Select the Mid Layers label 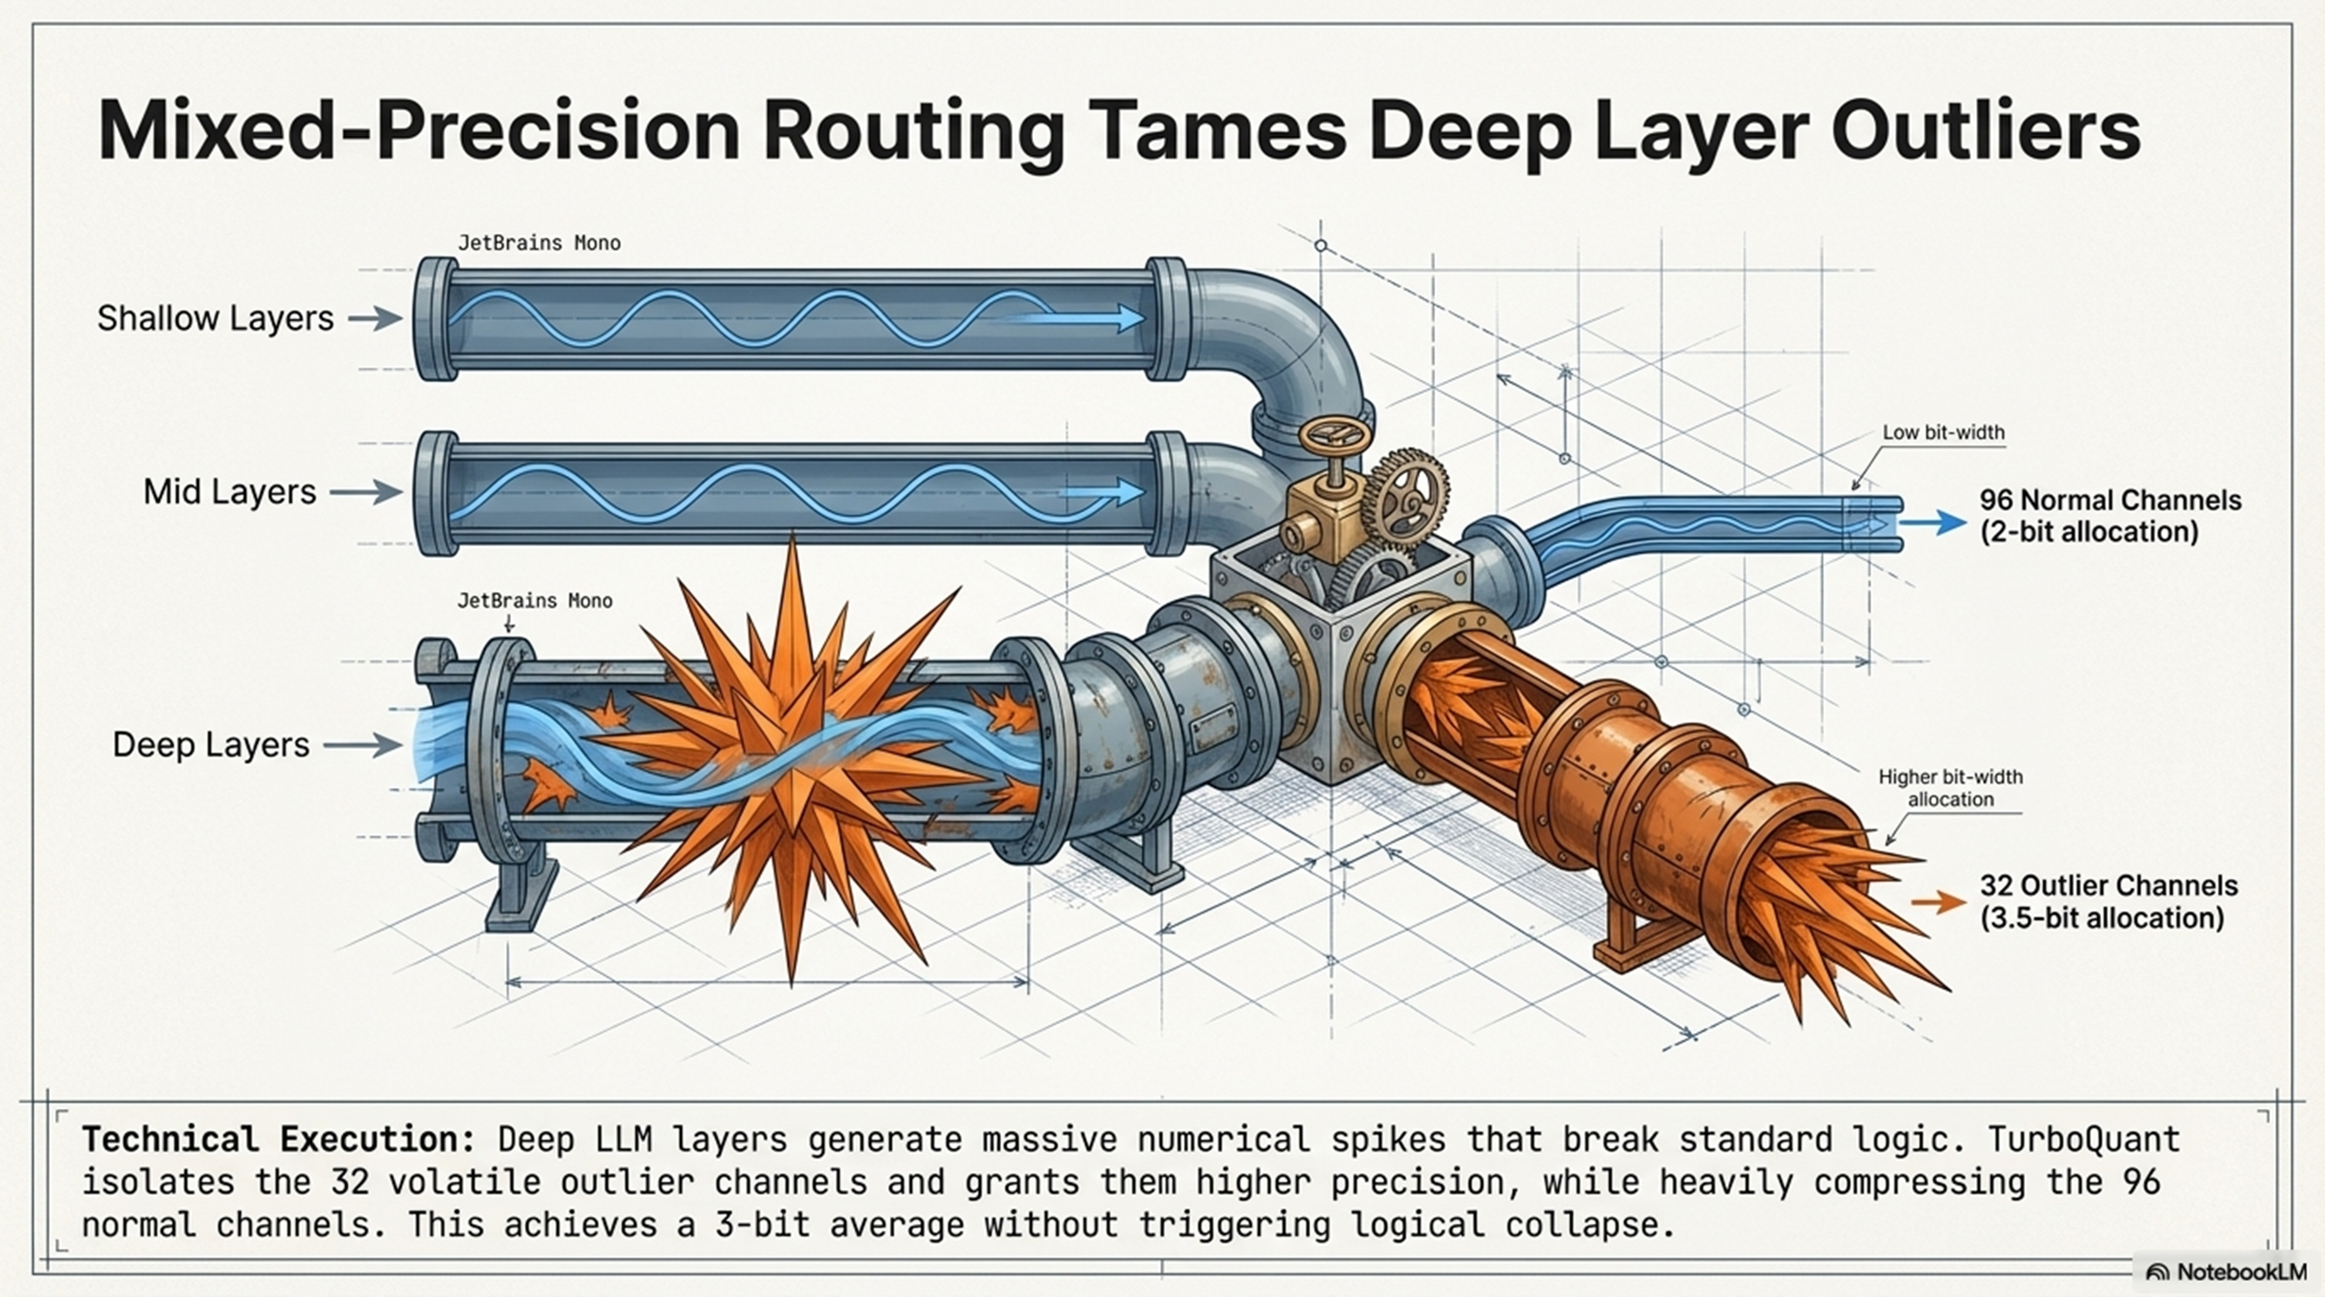pos(229,492)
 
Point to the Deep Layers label pos(210,744)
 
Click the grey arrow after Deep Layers pos(362,744)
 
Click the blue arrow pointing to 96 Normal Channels pos(1937,523)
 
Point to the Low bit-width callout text pos(1942,432)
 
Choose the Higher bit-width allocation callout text pos(1949,787)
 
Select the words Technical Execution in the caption pos(278,1139)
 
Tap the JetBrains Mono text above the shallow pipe pos(539,243)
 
